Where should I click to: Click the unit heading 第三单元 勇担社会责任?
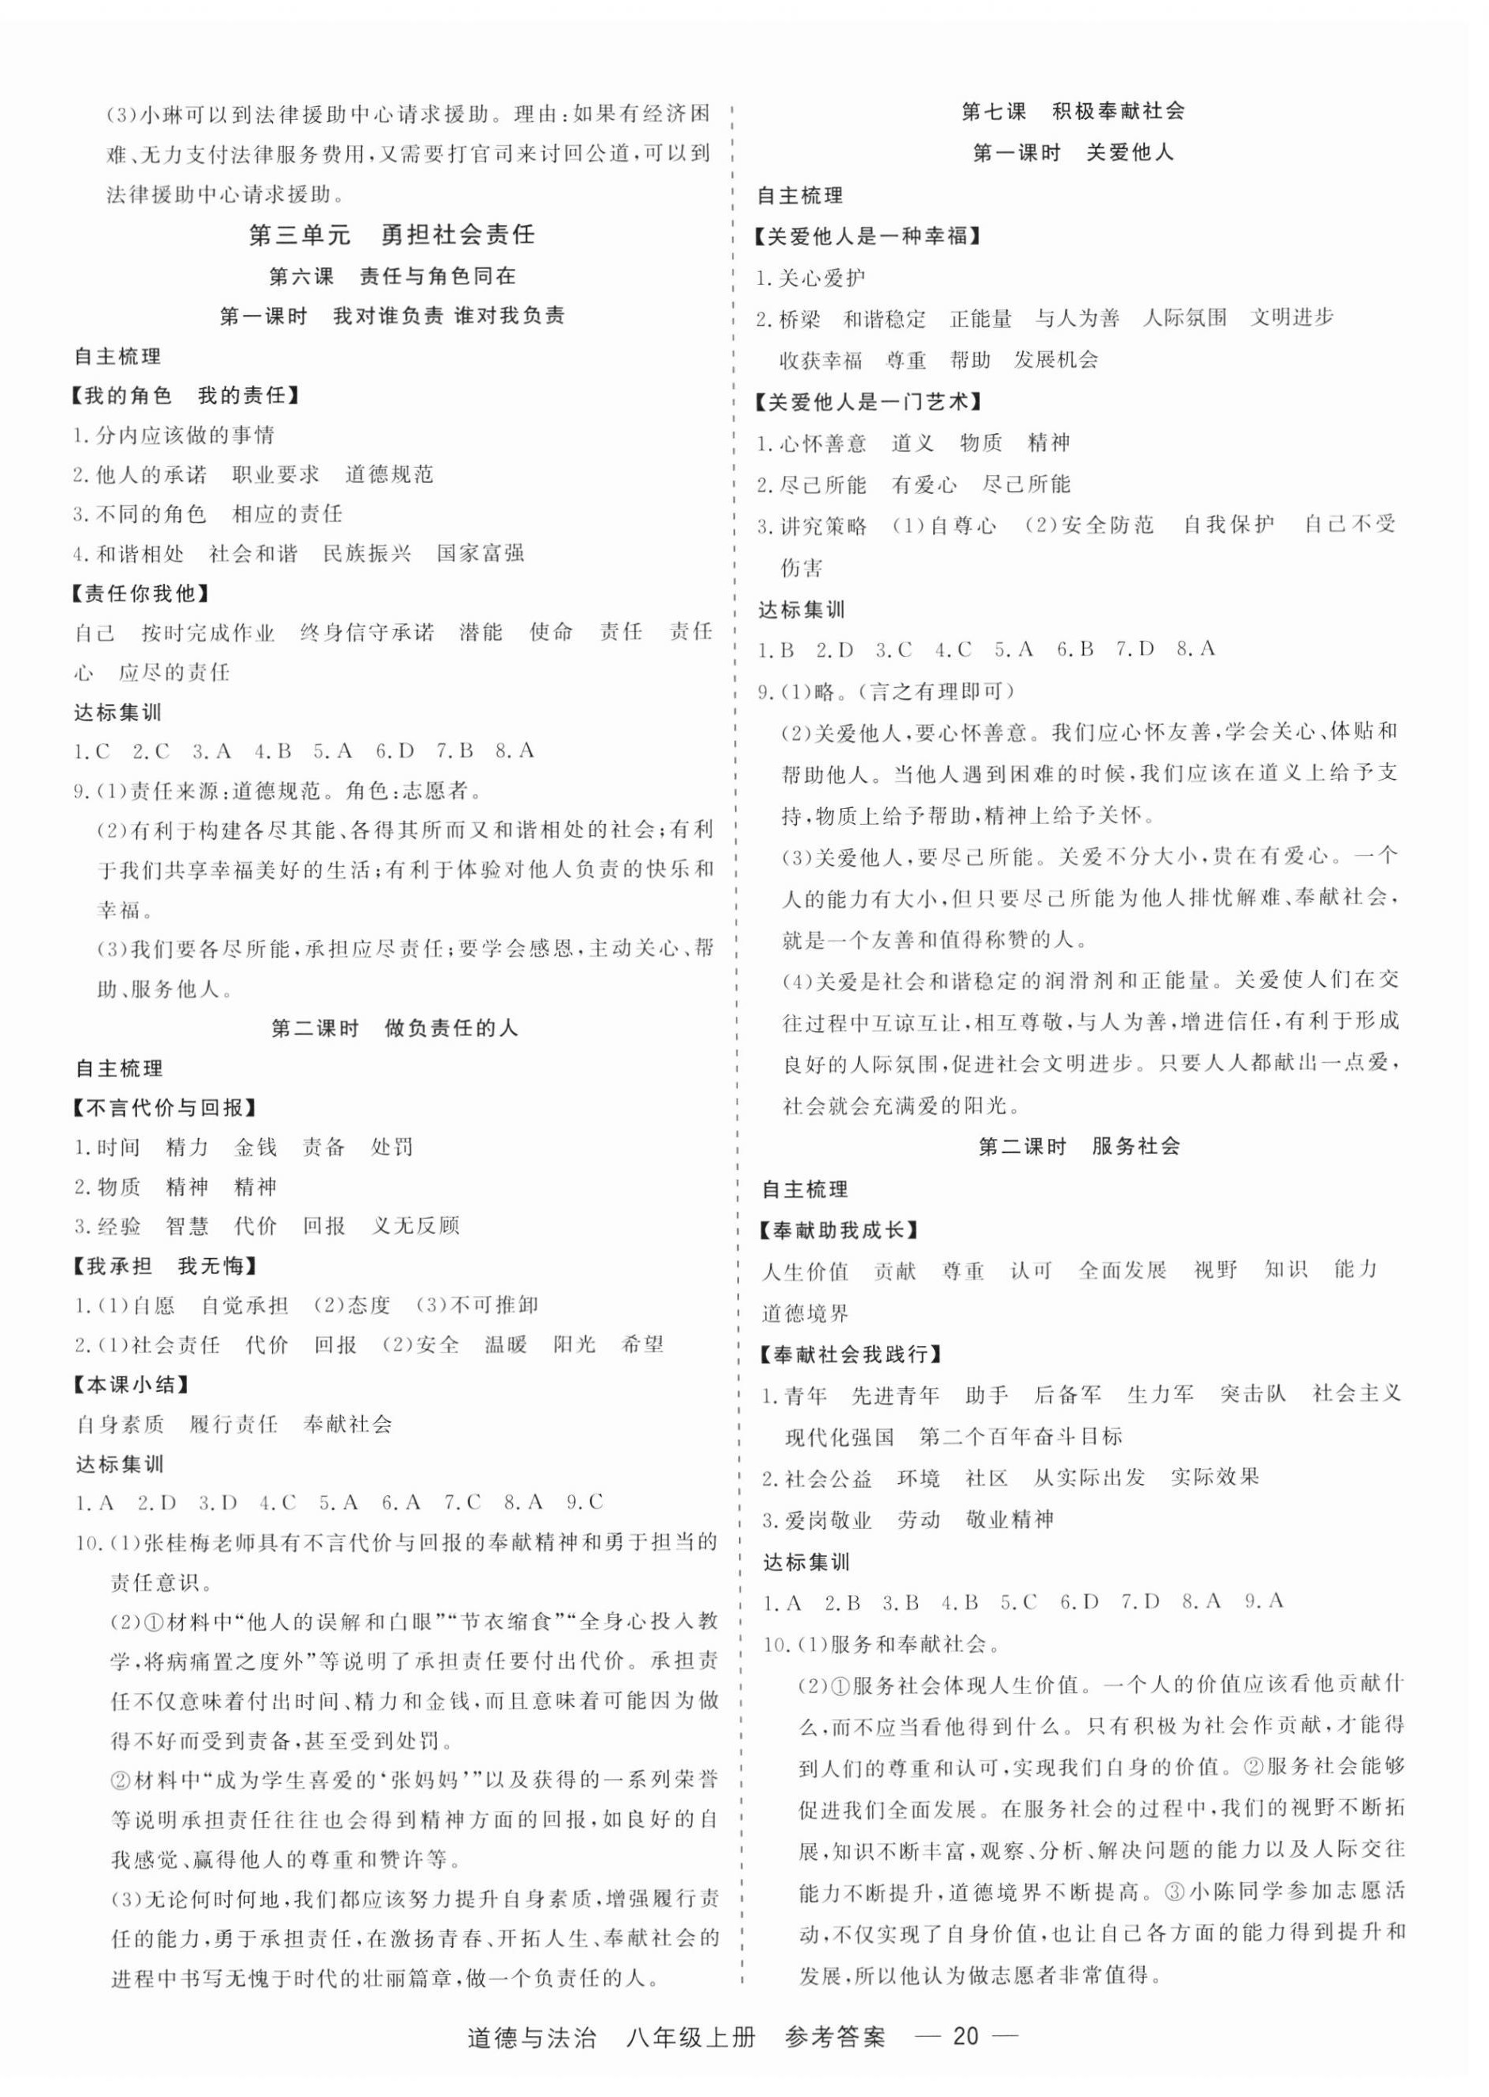(x=392, y=235)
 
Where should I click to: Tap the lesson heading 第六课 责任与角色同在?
(x=392, y=276)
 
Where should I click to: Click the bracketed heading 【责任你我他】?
(x=140, y=593)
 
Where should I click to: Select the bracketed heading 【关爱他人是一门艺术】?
(x=867, y=401)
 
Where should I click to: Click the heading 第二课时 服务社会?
(x=1079, y=1146)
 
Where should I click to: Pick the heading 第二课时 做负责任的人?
(x=394, y=1029)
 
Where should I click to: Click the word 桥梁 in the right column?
(x=799, y=319)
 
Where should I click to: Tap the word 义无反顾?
(x=415, y=1226)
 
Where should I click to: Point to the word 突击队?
(x=1253, y=1394)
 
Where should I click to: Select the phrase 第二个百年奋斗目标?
(x=1020, y=1437)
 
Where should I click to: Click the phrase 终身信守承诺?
(x=367, y=633)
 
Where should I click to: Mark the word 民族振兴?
(x=367, y=554)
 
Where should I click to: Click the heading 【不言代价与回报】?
(x=163, y=1108)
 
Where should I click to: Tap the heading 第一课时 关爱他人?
(x=1072, y=153)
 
